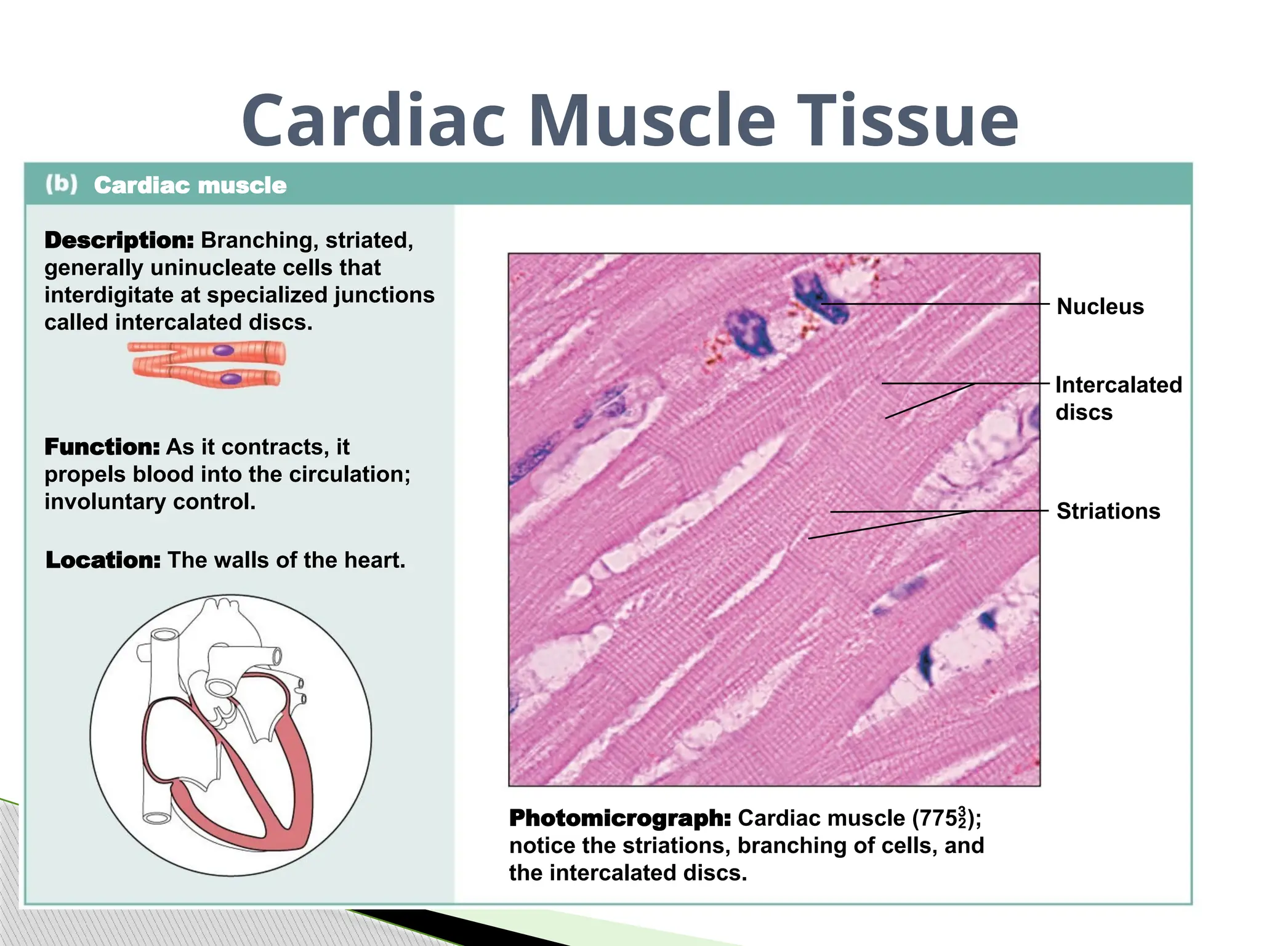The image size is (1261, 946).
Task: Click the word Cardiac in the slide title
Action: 373,121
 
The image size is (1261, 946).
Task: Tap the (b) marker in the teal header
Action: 62,184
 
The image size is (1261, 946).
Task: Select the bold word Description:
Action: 119,240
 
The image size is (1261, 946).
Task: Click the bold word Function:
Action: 102,447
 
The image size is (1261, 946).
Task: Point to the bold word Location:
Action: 103,560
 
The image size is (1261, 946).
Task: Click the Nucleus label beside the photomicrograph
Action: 1100,306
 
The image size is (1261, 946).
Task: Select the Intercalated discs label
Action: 1118,398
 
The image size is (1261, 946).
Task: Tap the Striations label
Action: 1108,511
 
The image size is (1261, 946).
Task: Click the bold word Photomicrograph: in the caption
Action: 620,818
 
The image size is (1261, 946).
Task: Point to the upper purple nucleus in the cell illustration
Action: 223,350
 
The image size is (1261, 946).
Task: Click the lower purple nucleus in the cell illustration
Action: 231,378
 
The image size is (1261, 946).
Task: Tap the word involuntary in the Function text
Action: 105,501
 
